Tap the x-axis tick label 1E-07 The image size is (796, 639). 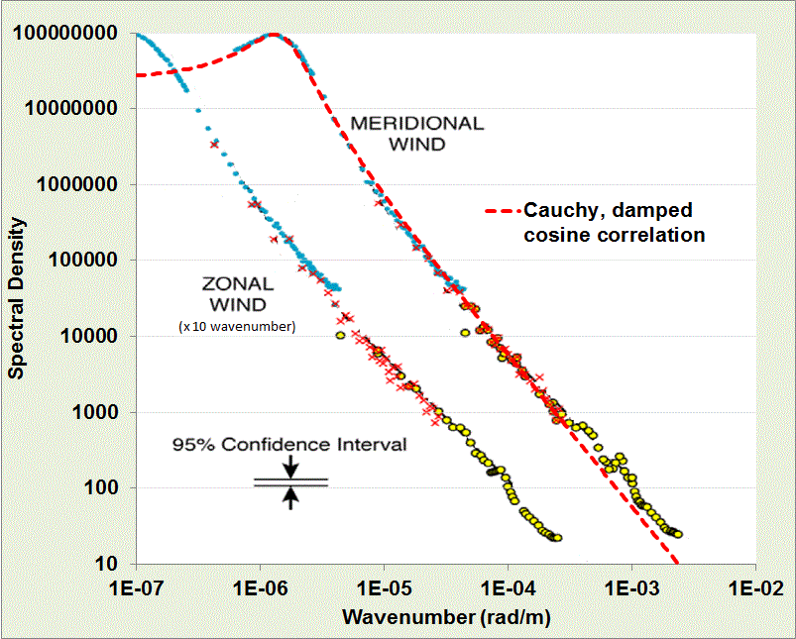[x=135, y=586]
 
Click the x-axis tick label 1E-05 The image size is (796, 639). [x=384, y=586]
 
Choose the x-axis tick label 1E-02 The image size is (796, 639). [x=755, y=586]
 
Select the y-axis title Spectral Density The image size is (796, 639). [x=17, y=298]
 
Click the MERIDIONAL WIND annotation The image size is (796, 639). [x=416, y=134]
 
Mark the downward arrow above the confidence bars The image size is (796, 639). [x=290, y=466]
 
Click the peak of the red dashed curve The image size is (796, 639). [x=273, y=36]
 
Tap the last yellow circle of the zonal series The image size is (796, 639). [x=558, y=538]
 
